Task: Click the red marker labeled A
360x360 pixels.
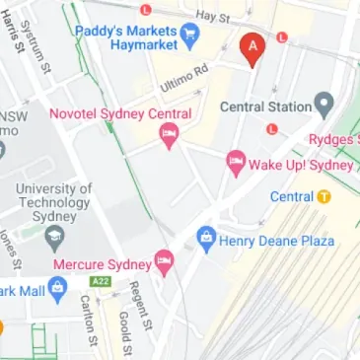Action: [x=253, y=47]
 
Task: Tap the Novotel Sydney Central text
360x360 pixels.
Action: [x=119, y=114]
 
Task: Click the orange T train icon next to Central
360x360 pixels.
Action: [x=324, y=196]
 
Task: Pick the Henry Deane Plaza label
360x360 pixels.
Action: [x=277, y=241]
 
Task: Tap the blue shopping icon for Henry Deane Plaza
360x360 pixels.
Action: [x=205, y=236]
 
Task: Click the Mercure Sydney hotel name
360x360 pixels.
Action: [x=102, y=264]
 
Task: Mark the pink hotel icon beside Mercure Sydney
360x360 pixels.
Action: [x=164, y=262]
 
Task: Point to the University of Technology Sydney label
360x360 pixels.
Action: [x=55, y=202]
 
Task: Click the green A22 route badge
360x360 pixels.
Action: [x=100, y=282]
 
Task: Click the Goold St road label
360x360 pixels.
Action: [x=124, y=332]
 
